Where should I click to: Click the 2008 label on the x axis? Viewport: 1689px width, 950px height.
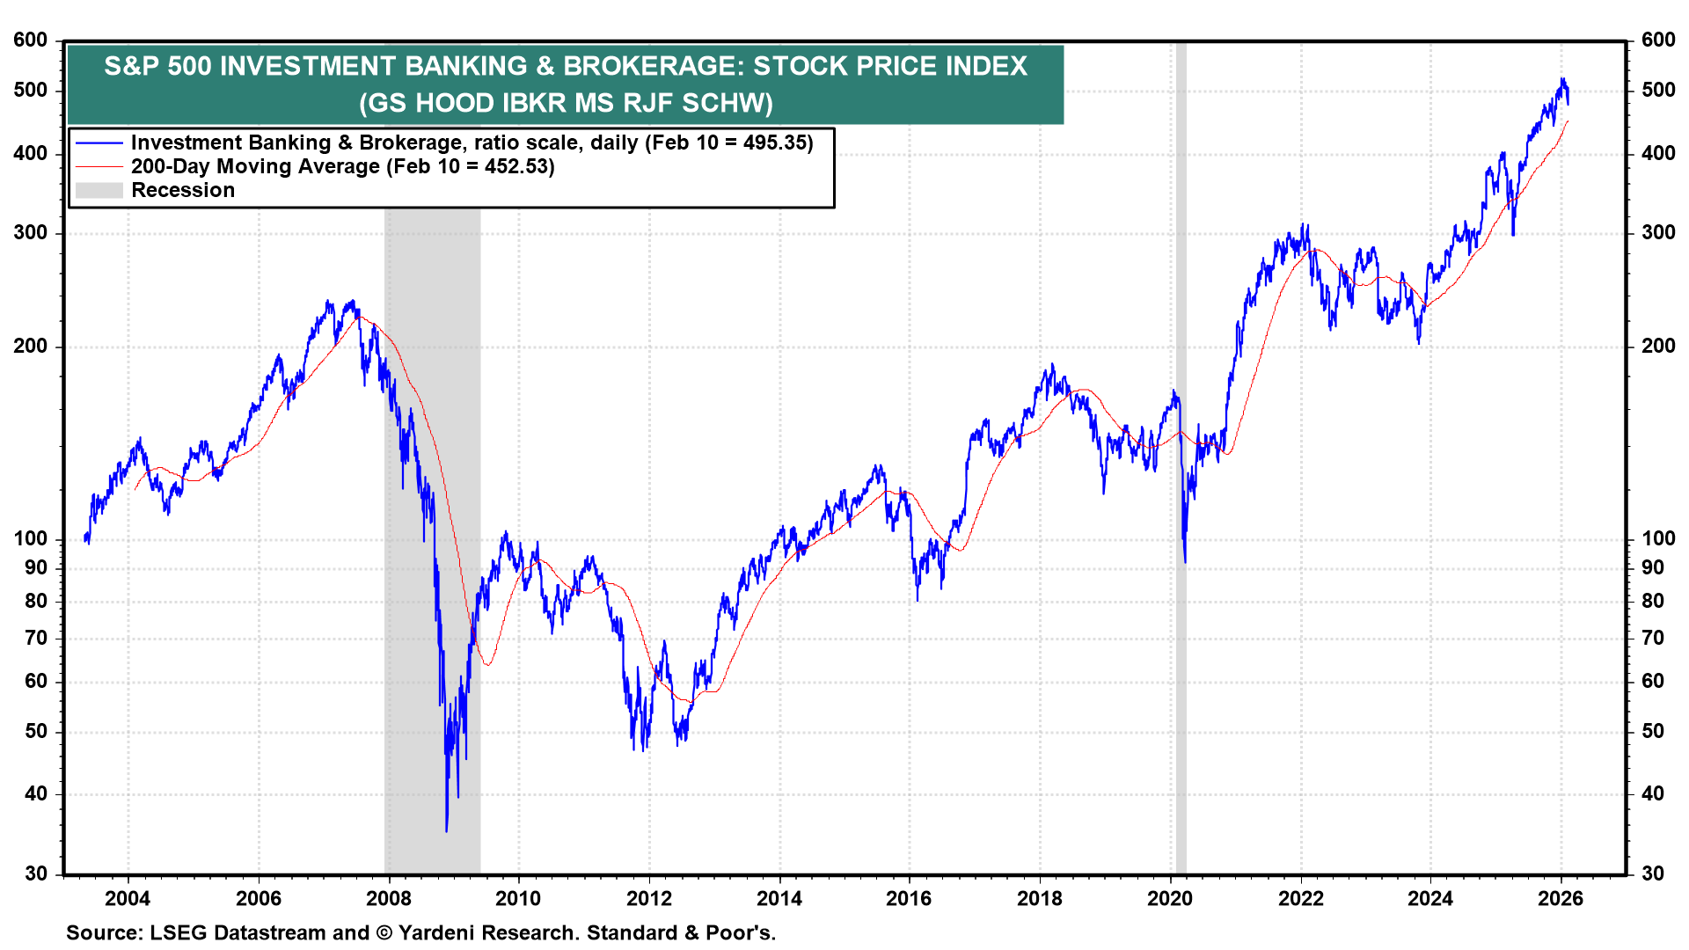(x=388, y=898)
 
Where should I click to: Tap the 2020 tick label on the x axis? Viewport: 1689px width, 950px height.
(x=1170, y=898)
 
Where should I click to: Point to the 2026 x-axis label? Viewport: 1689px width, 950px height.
(x=1560, y=898)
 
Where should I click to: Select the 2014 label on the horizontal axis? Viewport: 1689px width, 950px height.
(x=779, y=898)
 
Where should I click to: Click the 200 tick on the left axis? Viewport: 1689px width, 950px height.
(x=31, y=347)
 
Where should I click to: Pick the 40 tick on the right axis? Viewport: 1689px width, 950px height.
(x=1653, y=793)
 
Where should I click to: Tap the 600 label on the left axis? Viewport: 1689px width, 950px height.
(x=31, y=40)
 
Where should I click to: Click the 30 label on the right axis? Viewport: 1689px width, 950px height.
(x=1653, y=873)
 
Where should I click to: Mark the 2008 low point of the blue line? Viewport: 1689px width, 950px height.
(x=446, y=830)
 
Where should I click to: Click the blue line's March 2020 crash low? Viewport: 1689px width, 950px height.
(x=1185, y=562)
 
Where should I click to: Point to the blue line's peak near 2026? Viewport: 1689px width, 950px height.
(x=1562, y=79)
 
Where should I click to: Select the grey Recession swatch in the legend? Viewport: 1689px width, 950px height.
(x=99, y=190)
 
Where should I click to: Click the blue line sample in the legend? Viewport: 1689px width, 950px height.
(x=99, y=142)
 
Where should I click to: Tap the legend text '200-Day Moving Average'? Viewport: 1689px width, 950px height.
(x=255, y=166)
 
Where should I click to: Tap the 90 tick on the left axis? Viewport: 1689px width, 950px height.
(x=36, y=567)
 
